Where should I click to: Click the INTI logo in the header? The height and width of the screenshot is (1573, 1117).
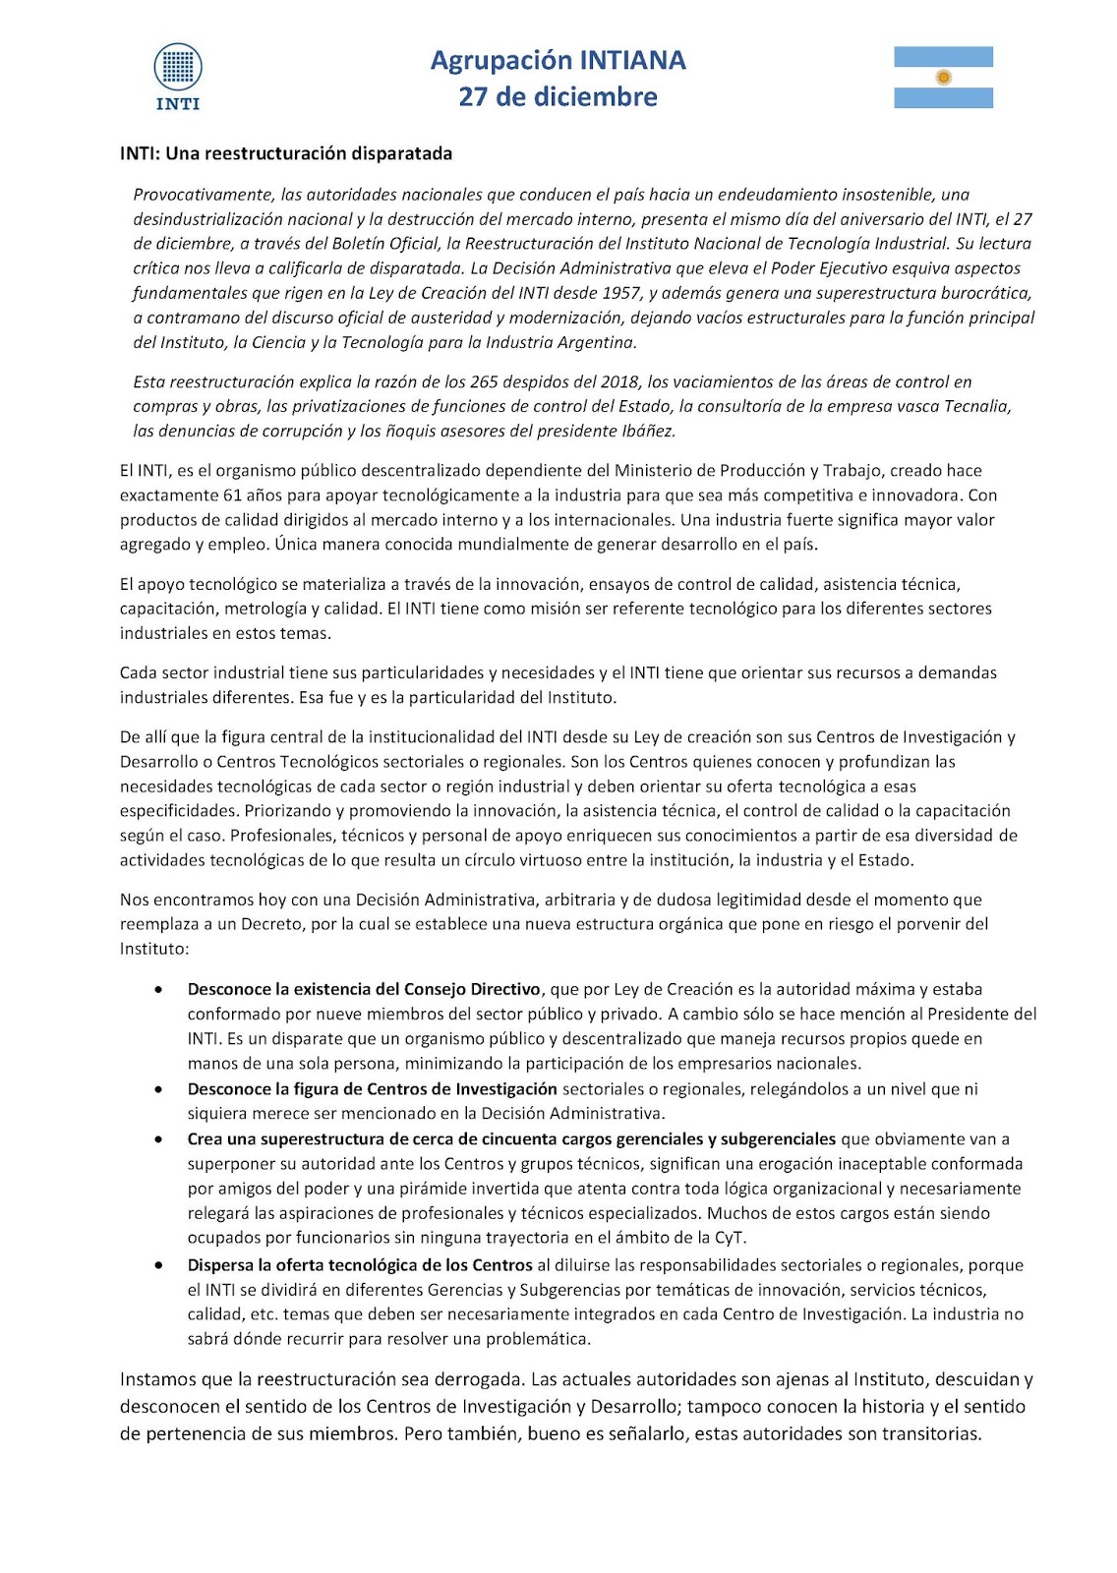click(178, 76)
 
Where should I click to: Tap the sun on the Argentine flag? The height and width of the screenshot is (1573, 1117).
click(944, 77)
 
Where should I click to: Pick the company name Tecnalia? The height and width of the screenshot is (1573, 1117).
click(975, 406)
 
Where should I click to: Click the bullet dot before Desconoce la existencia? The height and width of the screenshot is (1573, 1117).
click(158, 990)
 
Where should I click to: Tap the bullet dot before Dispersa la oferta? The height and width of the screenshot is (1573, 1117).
click(158, 1265)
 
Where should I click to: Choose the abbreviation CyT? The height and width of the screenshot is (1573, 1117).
click(729, 1238)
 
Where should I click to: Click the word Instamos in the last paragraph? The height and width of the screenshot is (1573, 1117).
click(158, 1379)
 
